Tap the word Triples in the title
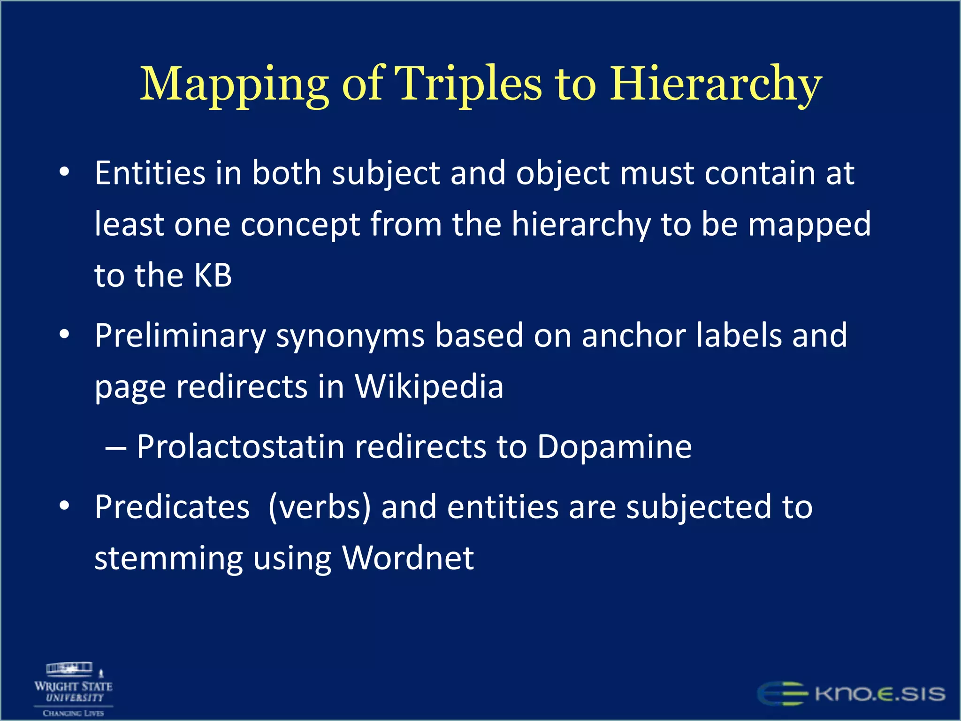click(x=467, y=84)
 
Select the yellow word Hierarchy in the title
click(x=715, y=84)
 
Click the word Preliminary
click(x=180, y=336)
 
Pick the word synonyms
click(x=350, y=336)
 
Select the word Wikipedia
click(x=429, y=387)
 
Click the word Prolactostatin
click(x=241, y=446)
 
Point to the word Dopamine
click(x=614, y=446)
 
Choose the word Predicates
click(x=172, y=507)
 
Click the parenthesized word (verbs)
click(x=320, y=507)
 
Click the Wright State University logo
click(x=74, y=689)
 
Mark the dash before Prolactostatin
click(x=115, y=448)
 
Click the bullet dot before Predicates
click(x=64, y=506)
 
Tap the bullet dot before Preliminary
click(x=64, y=334)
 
